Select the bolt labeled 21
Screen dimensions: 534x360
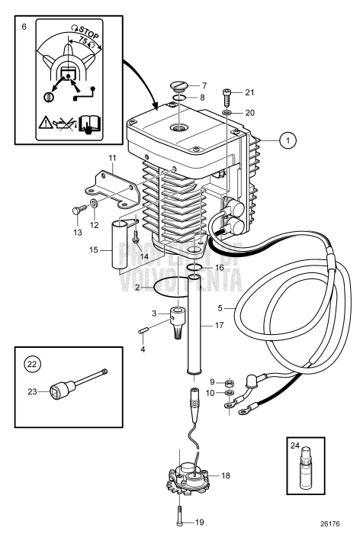coord(227,98)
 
